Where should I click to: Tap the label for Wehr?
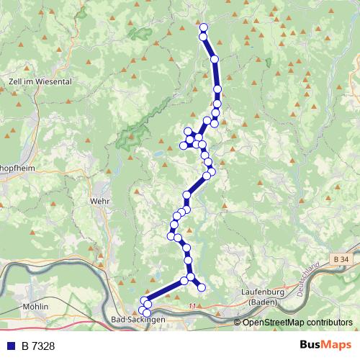(99, 202)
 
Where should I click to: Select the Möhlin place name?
(35, 306)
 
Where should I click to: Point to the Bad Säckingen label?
(139, 318)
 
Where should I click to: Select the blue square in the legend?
(12, 346)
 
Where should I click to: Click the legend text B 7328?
(38, 346)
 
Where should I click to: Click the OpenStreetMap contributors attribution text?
(297, 322)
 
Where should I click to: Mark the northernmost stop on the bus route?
(203, 28)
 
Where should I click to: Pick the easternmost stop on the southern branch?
(202, 287)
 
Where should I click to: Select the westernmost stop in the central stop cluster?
(183, 146)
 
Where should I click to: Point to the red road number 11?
(192, 307)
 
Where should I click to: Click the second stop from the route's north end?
(203, 37)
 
